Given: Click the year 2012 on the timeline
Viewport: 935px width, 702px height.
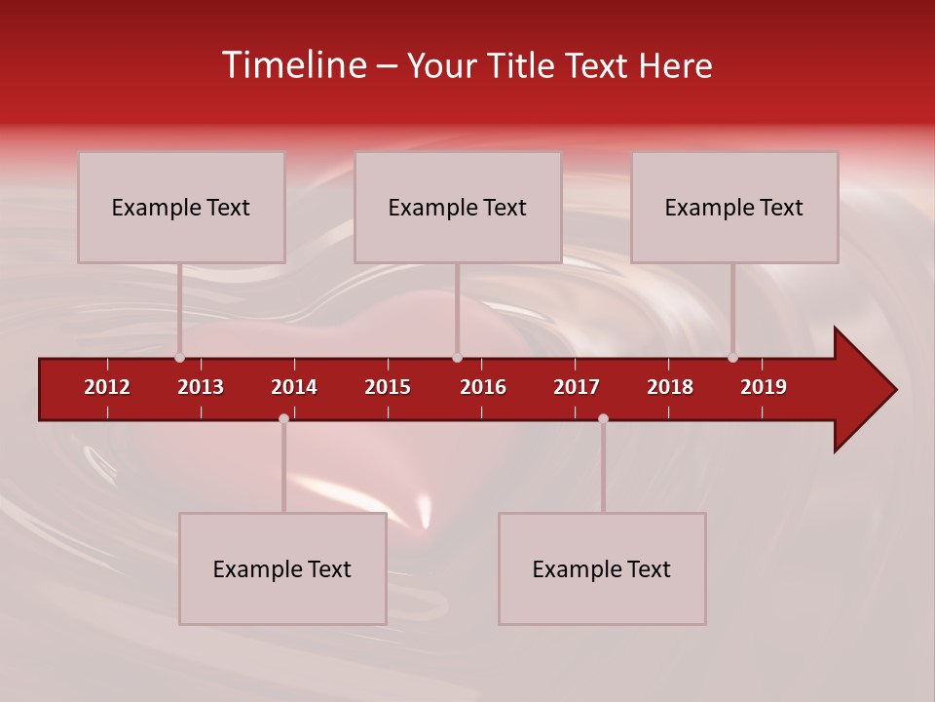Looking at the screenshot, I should click(107, 387).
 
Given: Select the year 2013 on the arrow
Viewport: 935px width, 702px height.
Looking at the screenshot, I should click(201, 387).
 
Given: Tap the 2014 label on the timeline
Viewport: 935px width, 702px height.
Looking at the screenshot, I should click(294, 387).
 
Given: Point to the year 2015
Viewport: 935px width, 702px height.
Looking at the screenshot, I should click(388, 387).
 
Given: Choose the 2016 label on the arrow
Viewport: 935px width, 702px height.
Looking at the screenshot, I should click(483, 387).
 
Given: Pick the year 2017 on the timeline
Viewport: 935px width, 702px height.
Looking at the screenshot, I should click(577, 387).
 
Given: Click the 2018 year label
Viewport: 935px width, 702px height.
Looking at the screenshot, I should click(670, 387).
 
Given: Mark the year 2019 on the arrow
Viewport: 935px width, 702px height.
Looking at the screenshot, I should click(764, 387).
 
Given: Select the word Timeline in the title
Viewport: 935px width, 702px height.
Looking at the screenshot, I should click(293, 65).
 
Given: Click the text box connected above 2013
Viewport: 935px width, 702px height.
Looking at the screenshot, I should click(181, 207).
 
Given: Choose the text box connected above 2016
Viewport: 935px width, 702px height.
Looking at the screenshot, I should click(458, 207).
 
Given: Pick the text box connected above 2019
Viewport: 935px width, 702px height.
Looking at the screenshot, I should click(734, 207).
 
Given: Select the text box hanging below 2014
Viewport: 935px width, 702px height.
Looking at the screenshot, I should click(282, 568).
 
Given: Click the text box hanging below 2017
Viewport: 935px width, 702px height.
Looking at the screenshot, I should click(602, 568).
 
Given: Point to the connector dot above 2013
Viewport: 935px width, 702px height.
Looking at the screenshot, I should click(179, 357).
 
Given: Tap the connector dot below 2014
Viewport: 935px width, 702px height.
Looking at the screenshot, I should click(283, 418).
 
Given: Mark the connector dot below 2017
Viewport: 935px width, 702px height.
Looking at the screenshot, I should click(603, 418).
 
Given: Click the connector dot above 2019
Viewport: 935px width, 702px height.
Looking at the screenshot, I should click(732, 357).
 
